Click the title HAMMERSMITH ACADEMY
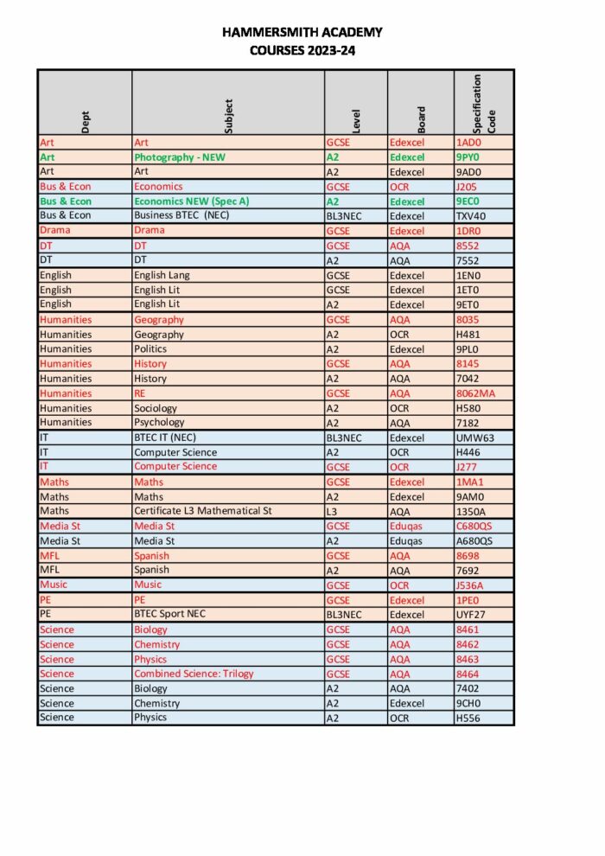tap(302, 33)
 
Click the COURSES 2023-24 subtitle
tap(302, 50)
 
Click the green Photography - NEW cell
tap(179, 157)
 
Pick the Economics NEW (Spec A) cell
tap(191, 201)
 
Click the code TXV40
tap(471, 215)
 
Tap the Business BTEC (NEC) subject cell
tap(181, 215)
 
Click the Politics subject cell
tap(150, 348)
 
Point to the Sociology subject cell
tap(156, 407)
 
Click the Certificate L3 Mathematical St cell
tap(203, 511)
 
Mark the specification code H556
tap(468, 718)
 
